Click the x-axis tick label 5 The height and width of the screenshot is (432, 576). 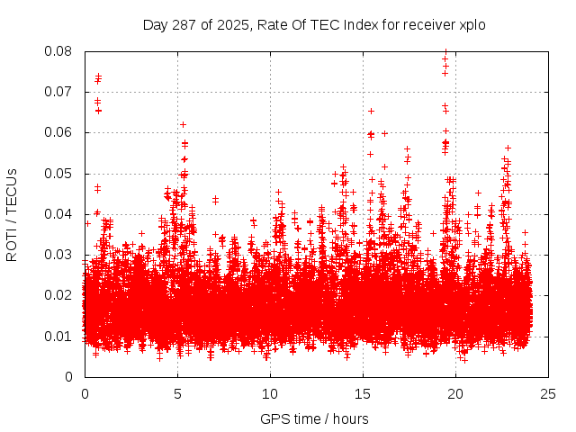[x=177, y=394]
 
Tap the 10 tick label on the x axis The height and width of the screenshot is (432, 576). [x=270, y=394]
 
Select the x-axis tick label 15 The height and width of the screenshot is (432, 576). [x=363, y=394]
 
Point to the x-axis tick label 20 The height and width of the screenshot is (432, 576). [x=455, y=394]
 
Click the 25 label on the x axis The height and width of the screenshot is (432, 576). [x=548, y=394]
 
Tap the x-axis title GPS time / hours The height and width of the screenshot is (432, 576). [x=314, y=418]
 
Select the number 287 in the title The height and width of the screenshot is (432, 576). [x=184, y=24]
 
